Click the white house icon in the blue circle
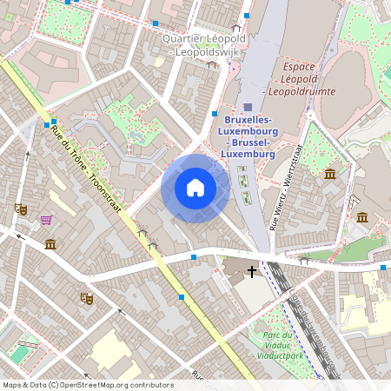tap(195, 189)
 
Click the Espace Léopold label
tap(310, 66)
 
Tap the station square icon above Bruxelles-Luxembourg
tap(248, 105)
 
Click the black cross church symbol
tap(253, 272)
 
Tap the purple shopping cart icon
tap(45, 219)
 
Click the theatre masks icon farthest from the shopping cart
tap(86, 297)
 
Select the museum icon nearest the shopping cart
tap(50, 244)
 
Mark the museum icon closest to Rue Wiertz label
tap(330, 175)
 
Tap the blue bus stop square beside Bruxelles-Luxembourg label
tap(215, 114)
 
